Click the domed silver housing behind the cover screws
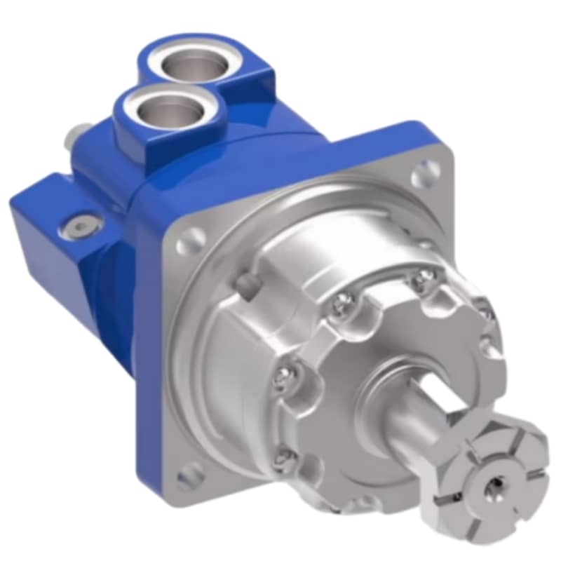[231, 351]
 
